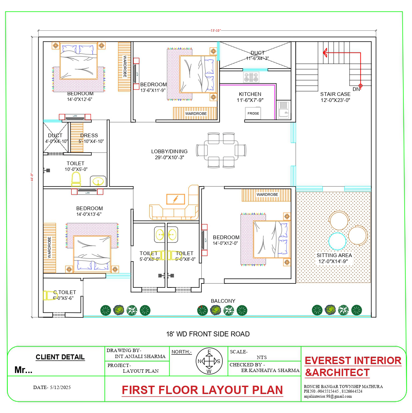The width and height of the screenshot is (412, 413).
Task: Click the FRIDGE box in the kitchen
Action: pos(253,113)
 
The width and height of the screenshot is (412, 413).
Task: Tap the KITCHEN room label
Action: pos(250,94)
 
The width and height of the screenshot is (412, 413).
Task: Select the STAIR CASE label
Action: pos(335,94)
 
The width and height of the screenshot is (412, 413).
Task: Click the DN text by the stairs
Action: pos(356,89)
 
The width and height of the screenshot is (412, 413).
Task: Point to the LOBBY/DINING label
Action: pos(169,152)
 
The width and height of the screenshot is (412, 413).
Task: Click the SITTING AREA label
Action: pos(334,255)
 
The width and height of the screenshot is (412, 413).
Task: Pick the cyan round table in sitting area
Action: pos(337,241)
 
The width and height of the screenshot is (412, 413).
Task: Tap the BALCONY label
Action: pos(223,301)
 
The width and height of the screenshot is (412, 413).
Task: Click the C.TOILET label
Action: pos(65,292)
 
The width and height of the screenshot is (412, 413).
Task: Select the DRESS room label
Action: pos(89,136)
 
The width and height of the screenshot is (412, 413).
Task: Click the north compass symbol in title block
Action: pos(209,361)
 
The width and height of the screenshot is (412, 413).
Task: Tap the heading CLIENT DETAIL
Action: pos(60,357)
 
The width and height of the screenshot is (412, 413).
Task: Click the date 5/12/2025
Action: pos(60,387)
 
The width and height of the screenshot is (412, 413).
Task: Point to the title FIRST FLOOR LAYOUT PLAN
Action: pos(202,390)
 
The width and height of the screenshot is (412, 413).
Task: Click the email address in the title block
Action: pos(328,396)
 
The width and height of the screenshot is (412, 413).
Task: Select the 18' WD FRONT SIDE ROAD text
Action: pos(208,334)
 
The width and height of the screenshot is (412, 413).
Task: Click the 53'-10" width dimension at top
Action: pos(215,30)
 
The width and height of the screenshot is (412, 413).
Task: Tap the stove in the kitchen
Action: pos(251,77)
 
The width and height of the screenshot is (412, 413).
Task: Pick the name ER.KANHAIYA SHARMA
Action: pos(270,370)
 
